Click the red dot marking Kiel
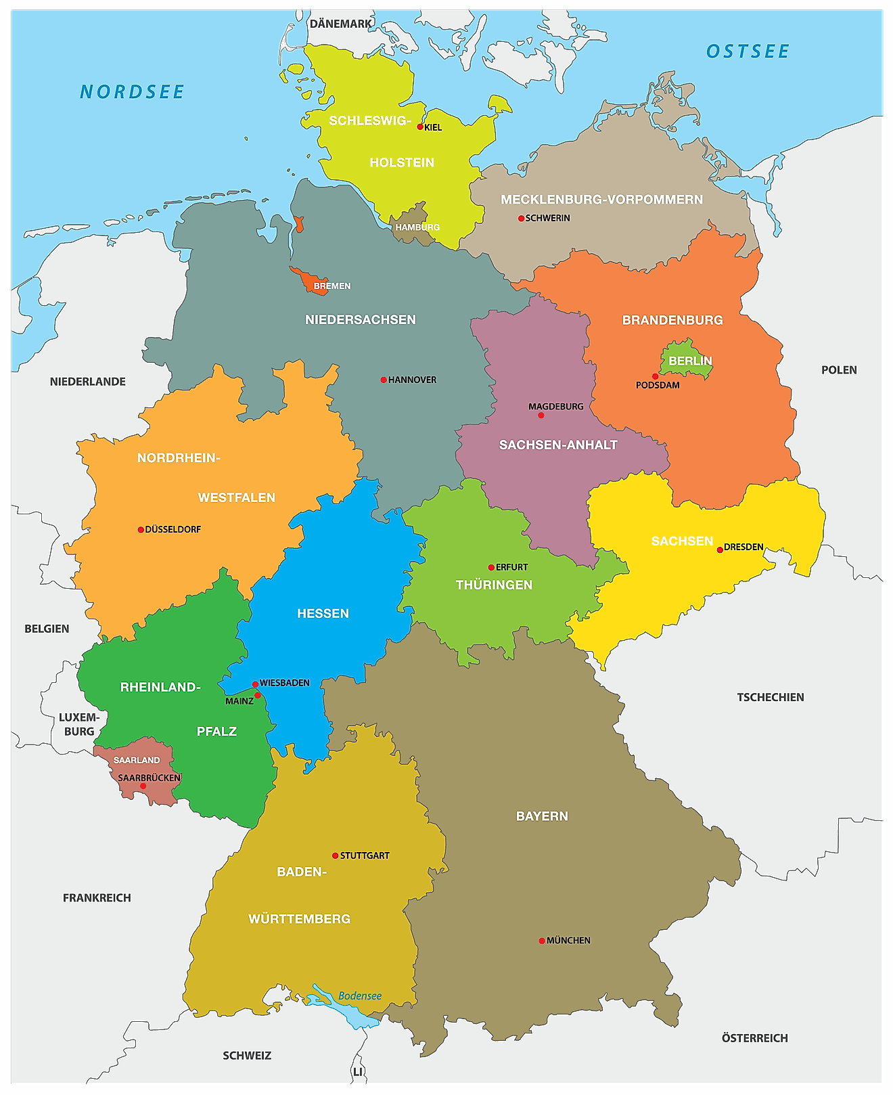(420, 127)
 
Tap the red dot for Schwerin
(521, 218)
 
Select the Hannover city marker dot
(384, 380)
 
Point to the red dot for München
(542, 941)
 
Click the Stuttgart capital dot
(335, 855)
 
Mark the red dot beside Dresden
(720, 550)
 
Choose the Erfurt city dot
(491, 567)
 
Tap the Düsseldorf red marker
(141, 530)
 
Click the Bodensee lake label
(360, 996)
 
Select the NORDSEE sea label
(132, 92)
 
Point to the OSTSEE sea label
(748, 51)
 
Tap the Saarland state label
(137, 760)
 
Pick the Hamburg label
(417, 227)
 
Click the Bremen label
(332, 286)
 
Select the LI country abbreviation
(357, 1072)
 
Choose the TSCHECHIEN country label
(771, 697)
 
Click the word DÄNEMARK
(340, 24)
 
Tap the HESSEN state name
(323, 613)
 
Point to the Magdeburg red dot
(541, 415)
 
